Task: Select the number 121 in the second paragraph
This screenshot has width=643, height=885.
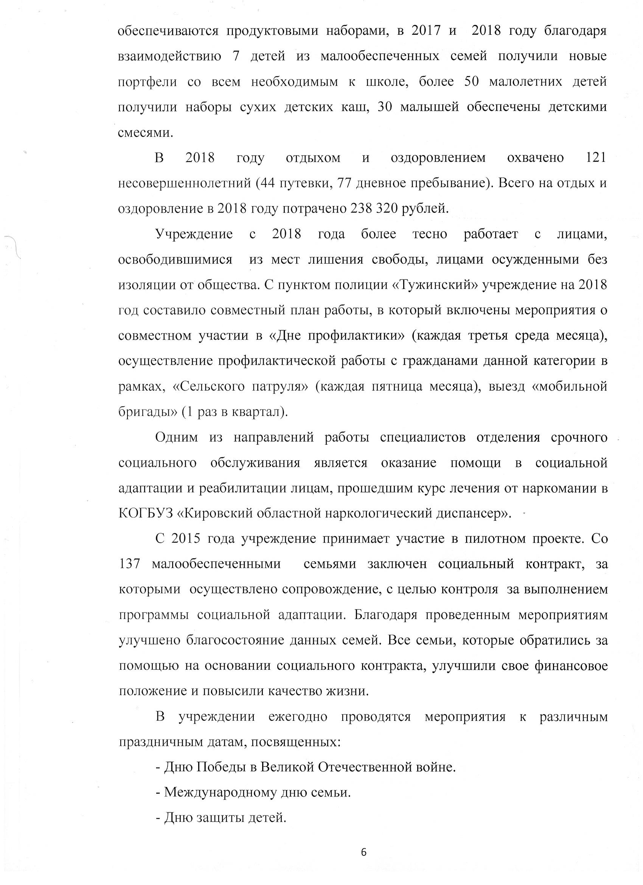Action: click(x=596, y=158)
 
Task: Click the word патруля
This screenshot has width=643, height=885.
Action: click(x=278, y=387)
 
